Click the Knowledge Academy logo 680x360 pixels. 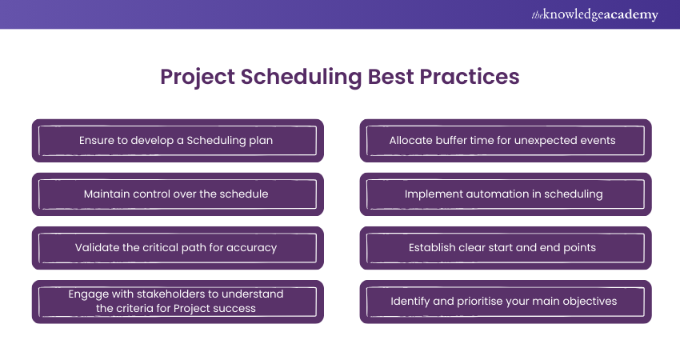[594, 14]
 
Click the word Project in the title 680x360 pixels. [198, 78]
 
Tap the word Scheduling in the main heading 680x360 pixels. [301, 78]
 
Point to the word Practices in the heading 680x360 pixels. [470, 76]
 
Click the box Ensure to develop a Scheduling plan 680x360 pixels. [178, 141]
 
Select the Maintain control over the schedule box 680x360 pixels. [178, 194]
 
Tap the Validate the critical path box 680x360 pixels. [178, 248]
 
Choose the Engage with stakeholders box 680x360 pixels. [178, 302]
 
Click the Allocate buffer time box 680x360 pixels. [506, 141]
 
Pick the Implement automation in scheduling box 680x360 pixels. [506, 194]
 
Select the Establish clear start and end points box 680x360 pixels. [506, 248]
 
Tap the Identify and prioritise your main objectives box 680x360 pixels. [506, 302]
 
